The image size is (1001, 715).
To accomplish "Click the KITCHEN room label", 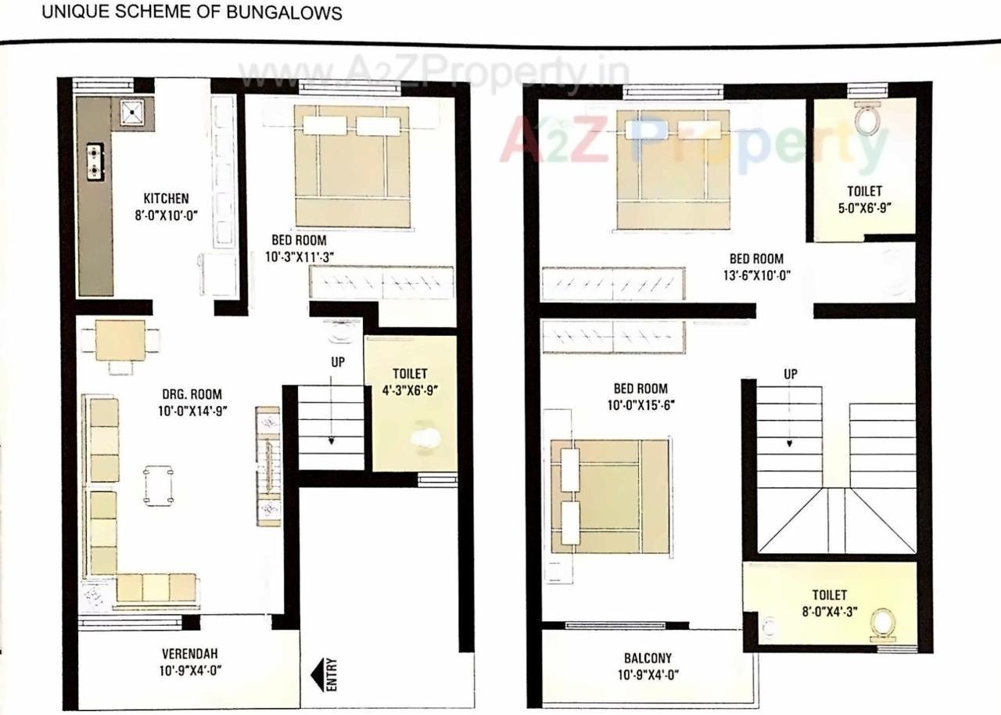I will pos(165,199).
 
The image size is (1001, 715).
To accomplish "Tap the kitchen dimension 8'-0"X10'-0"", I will pos(165,214).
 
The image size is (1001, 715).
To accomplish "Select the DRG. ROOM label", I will pos(192,394).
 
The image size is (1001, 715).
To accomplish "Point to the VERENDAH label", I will pos(189,653).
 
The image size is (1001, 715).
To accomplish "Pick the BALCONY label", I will pos(647,658).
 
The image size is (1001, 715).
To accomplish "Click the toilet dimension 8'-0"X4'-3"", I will pos(829,611).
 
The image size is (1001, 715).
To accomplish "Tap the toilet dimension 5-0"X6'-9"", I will pos(863,207).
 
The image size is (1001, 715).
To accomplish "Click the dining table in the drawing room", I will pos(120,341).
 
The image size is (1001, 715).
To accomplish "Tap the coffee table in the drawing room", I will pos(159,485).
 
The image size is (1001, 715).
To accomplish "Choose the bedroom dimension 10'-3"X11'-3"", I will pos(300,255).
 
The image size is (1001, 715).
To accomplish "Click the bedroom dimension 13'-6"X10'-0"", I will pos(755,275).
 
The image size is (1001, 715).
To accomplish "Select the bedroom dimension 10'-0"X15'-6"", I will pos(641,404).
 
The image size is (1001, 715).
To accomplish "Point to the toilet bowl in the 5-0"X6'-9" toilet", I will pos(866,120).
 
